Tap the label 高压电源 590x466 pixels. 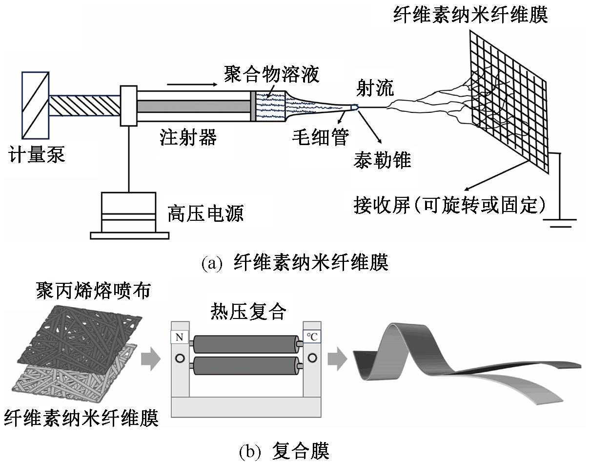pyautogui.click(x=205, y=213)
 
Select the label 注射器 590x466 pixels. pyautogui.click(x=188, y=138)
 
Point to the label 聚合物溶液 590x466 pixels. pyautogui.click(x=271, y=74)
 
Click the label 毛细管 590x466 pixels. pyautogui.click(x=320, y=138)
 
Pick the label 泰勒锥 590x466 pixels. pyautogui.click(x=382, y=159)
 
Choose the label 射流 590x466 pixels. pyautogui.click(x=374, y=89)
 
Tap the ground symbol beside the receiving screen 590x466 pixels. pyautogui.click(x=562, y=222)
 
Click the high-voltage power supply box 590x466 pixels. pyautogui.click(x=129, y=215)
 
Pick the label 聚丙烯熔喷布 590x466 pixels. pyautogui.click(x=93, y=292)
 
